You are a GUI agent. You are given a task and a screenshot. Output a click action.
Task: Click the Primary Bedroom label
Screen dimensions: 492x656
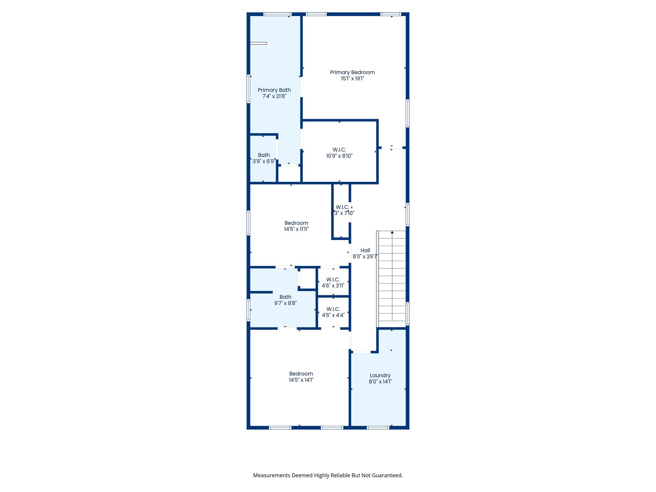click(352, 72)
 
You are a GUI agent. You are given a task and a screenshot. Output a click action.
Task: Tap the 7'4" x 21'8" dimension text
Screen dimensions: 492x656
click(274, 96)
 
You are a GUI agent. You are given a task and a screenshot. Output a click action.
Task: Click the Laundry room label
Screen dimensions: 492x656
click(380, 375)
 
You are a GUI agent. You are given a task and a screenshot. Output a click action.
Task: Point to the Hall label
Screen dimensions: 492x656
click(365, 250)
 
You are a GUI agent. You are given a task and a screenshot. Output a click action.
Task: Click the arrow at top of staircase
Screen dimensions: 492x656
click(392, 232)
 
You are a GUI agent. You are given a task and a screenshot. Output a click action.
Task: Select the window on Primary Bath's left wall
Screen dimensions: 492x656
click(248, 89)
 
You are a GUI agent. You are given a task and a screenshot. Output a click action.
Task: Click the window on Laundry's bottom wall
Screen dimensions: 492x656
click(378, 428)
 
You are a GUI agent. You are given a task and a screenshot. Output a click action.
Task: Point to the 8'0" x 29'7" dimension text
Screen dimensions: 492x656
click(365, 257)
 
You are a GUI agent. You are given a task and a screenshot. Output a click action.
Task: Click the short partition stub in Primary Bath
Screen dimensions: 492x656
click(258, 43)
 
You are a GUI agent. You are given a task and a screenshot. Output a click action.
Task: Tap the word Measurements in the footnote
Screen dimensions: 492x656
click(271, 475)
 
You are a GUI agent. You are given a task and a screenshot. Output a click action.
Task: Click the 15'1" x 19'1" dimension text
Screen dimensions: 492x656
click(352, 78)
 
